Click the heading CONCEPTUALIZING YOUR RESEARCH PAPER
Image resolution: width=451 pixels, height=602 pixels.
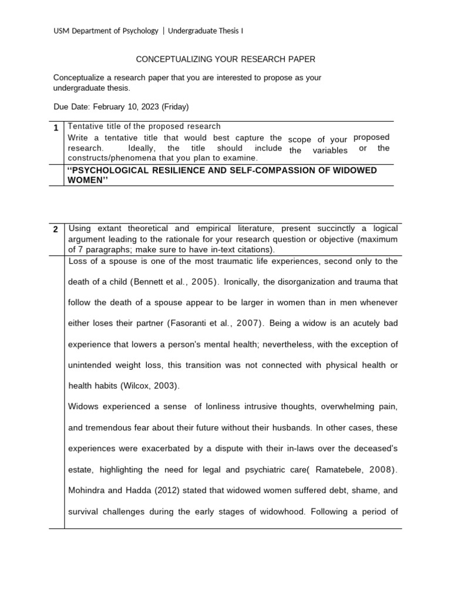(225, 59)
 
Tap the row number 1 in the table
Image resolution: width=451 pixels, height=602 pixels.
(55, 128)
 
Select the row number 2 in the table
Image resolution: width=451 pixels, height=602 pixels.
(55, 230)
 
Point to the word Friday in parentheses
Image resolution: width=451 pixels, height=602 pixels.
(175, 107)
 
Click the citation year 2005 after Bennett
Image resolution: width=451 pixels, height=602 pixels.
(199, 282)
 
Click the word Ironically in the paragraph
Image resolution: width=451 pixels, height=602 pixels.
(242, 282)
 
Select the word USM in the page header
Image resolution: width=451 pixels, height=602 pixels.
(62, 31)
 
